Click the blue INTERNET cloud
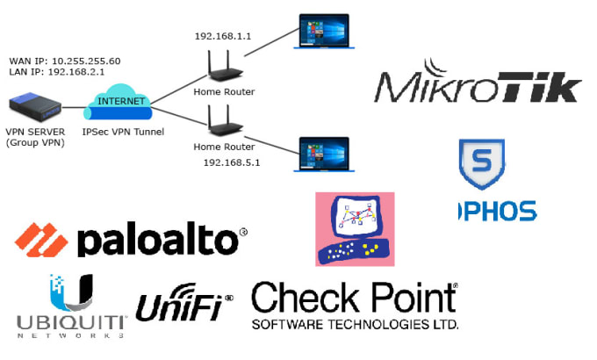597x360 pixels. point(119,104)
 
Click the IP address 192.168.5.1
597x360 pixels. point(232,162)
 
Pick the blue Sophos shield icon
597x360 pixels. point(482,164)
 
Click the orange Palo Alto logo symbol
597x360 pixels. point(41,240)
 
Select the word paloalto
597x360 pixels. point(158,241)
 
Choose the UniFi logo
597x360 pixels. point(183,305)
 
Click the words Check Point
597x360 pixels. point(354,299)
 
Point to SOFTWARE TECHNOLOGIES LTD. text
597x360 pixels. point(354,324)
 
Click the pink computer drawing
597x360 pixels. point(355,228)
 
